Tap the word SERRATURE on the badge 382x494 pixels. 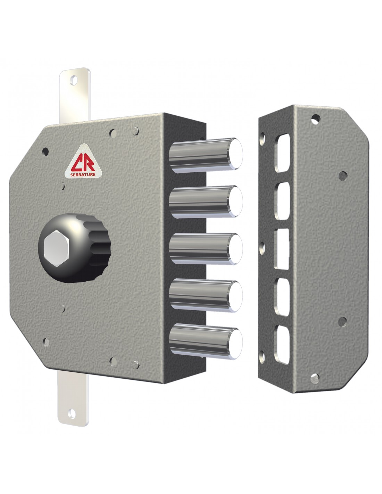83,174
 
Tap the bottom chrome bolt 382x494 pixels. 206,341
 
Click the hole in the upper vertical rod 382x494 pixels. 74,80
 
